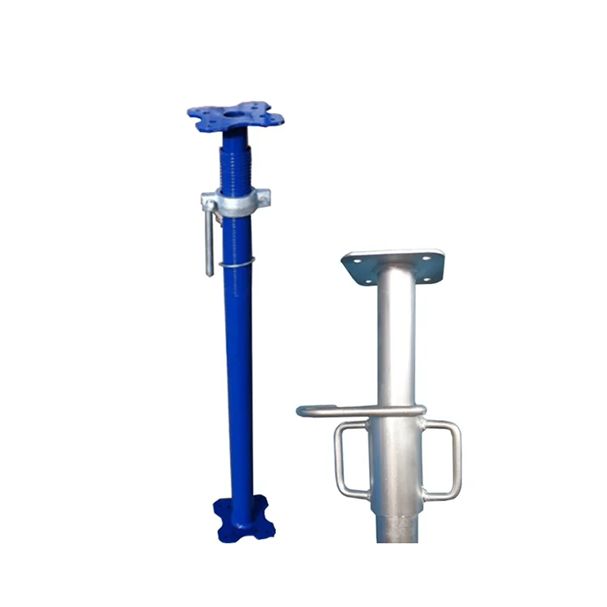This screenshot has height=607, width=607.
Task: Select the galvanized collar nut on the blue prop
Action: [236, 202]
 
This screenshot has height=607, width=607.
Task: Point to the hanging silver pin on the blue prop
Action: [210, 243]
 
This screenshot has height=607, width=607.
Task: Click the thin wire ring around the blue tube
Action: [236, 263]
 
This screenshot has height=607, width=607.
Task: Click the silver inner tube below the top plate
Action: [397, 340]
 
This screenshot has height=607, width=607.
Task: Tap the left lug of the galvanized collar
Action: [209, 199]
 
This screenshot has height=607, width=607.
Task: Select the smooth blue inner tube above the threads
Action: [233, 142]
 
